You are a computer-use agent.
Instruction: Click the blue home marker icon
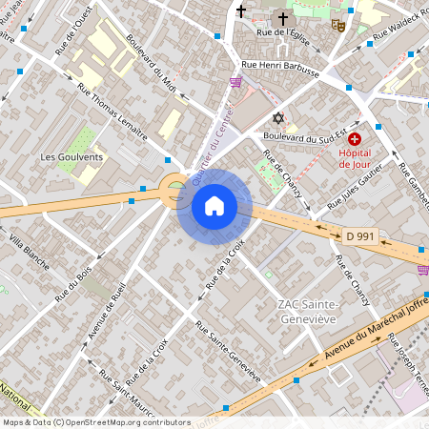[x=214, y=206]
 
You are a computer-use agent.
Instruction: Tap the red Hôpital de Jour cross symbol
[x=355, y=139]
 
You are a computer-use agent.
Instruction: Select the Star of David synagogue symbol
[x=278, y=118]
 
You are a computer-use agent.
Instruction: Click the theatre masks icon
[x=337, y=27]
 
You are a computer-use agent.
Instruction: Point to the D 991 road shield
[x=358, y=235]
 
